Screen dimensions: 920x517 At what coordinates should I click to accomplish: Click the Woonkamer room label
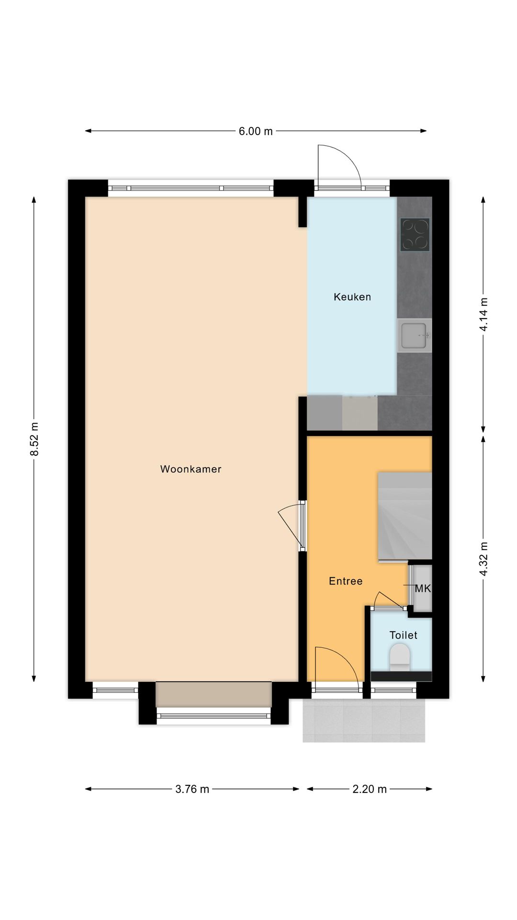(191, 469)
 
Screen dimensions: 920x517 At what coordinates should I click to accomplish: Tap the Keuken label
(352, 297)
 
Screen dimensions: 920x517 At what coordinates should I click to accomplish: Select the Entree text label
(346, 581)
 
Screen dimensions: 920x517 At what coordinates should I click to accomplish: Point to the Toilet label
(403, 635)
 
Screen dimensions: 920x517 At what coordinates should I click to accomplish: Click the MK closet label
(423, 588)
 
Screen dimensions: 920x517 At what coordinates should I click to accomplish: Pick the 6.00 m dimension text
(256, 131)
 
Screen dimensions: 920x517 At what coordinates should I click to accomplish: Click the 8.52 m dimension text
(34, 439)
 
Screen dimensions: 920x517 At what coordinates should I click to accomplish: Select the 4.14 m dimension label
(483, 314)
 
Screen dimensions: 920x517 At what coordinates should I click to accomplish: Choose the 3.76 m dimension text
(192, 789)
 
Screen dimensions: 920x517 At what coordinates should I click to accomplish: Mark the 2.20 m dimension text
(369, 789)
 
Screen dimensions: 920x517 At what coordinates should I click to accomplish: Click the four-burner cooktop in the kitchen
(415, 234)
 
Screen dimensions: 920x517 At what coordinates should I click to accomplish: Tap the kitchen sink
(414, 335)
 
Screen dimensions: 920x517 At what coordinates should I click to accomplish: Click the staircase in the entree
(405, 516)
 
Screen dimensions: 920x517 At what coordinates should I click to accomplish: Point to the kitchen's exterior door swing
(337, 165)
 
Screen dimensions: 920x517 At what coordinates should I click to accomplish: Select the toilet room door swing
(388, 600)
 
